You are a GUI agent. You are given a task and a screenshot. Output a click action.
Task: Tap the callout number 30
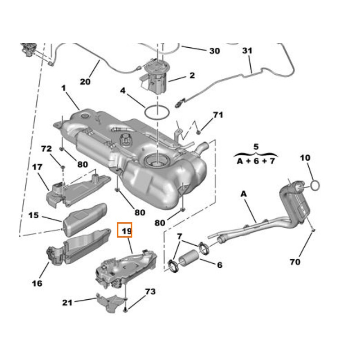tap(214, 51)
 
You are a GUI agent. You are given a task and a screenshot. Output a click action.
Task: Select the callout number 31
tap(247, 51)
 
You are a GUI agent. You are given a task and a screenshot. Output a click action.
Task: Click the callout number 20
tap(85, 81)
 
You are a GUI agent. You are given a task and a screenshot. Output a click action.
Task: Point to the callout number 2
tap(192, 76)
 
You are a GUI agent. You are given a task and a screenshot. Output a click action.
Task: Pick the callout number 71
tap(218, 115)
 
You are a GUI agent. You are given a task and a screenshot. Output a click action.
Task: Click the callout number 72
tap(47, 148)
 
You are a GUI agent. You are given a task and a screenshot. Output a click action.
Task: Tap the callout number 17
tap(37, 167)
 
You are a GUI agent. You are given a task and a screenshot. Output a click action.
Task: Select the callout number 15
tap(34, 216)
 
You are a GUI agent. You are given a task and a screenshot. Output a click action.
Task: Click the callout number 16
tap(37, 283)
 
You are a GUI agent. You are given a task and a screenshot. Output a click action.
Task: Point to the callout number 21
tap(67, 303)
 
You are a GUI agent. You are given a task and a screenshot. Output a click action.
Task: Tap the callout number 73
tap(150, 292)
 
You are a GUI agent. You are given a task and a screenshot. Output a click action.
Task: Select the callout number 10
tap(305, 158)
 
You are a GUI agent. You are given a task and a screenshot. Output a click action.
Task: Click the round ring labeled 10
tap(315, 184)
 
